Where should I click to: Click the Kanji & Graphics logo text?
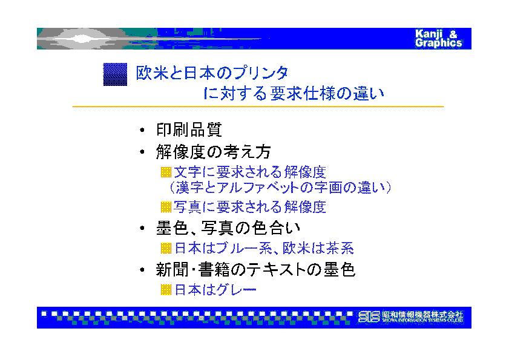438,39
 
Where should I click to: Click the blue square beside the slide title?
115,74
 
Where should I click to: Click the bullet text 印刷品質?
189,130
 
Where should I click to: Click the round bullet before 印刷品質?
142,131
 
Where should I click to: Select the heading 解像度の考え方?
213,152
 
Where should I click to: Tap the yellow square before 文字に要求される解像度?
166,172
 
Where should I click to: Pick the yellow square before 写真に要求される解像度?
166,207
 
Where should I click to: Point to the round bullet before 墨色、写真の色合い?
142,229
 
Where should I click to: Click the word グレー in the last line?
236,290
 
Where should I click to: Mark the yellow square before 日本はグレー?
166,290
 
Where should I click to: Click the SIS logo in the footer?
369,316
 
